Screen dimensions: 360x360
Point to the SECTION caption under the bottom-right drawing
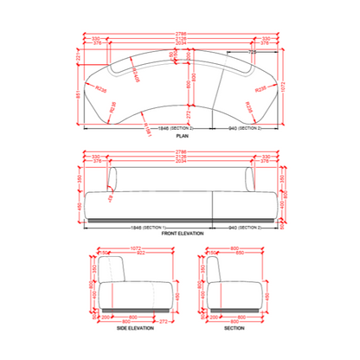coord(235,330)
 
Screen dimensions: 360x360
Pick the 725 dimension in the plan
coord(253,53)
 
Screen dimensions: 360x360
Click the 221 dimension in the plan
coord(78,55)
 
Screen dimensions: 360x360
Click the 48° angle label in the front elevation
coord(109,198)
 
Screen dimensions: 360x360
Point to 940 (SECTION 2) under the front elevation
coord(245,228)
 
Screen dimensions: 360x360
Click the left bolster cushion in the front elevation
coord(109,179)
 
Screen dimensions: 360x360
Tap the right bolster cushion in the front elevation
coord(253,179)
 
